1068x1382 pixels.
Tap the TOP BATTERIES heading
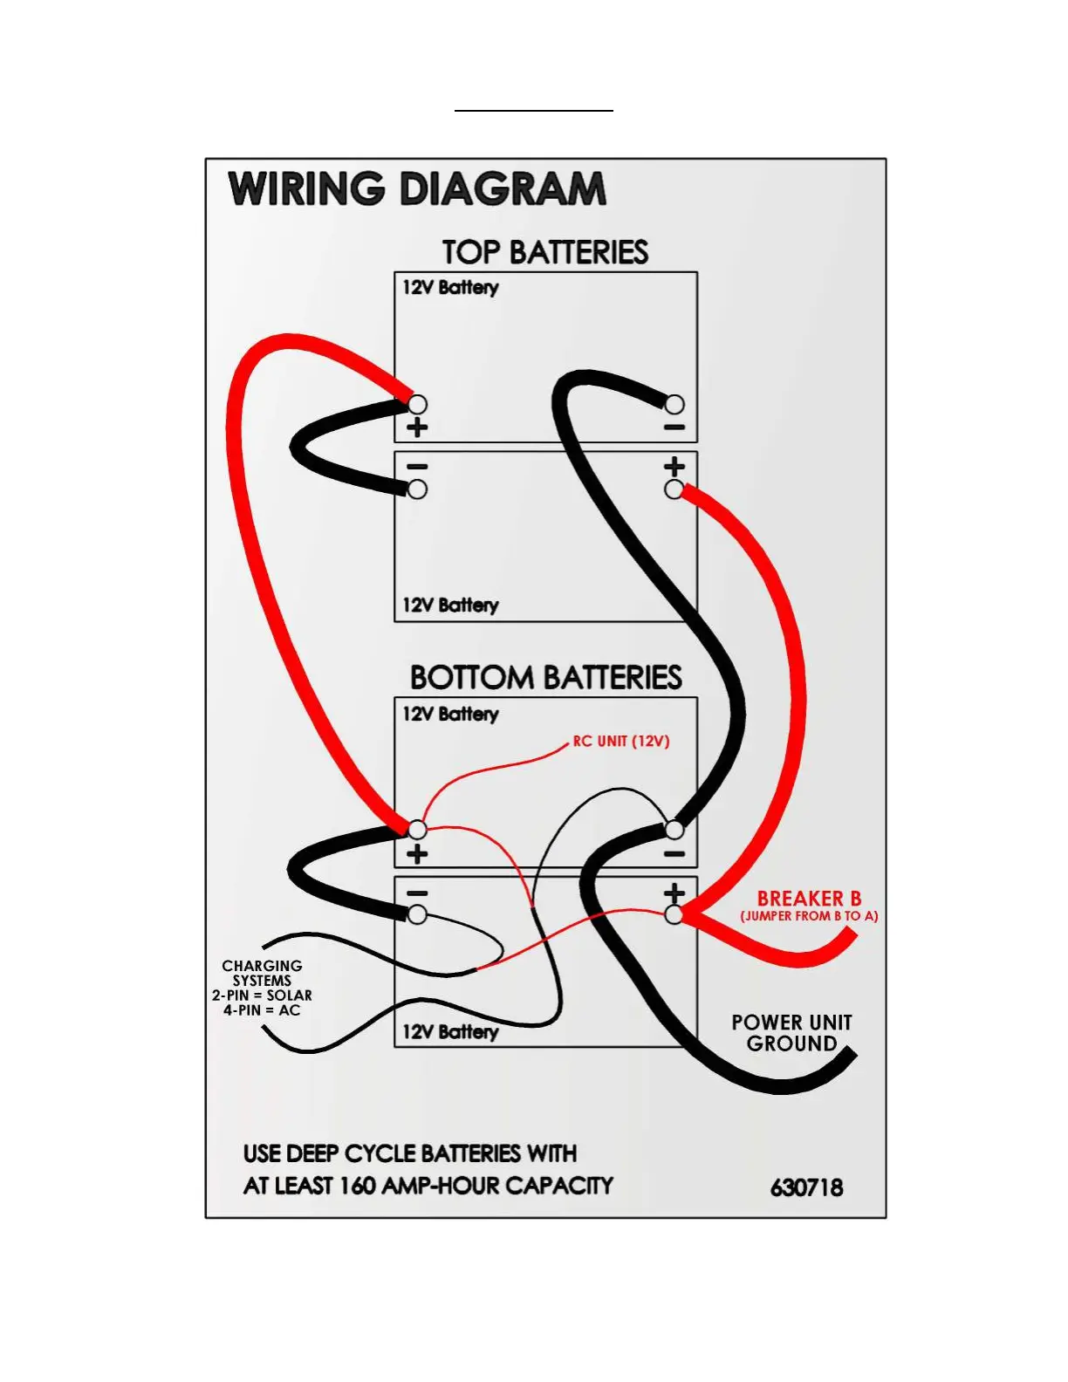click(x=545, y=252)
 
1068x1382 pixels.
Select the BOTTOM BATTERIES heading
click(x=545, y=677)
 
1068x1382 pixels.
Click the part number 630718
click(x=806, y=1187)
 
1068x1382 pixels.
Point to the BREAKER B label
click(x=809, y=898)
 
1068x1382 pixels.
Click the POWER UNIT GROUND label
click(x=791, y=1033)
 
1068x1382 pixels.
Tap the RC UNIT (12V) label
click(x=621, y=741)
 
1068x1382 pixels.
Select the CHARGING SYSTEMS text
click(x=262, y=973)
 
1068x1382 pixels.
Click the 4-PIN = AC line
click(x=262, y=1010)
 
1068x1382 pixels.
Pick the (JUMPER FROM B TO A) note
click(x=809, y=916)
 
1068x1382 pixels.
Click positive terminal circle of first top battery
click(x=418, y=404)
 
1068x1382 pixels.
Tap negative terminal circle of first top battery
click(x=674, y=404)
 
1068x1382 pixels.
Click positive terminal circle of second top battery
click(x=674, y=489)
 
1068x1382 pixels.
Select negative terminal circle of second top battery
click(x=418, y=489)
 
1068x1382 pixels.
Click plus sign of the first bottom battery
click(x=417, y=853)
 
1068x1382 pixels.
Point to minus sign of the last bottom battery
click(x=417, y=893)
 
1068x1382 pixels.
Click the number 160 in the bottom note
click(x=358, y=1186)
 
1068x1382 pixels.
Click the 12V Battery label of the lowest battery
click(x=450, y=1031)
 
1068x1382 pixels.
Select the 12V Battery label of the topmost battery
click(x=450, y=287)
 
